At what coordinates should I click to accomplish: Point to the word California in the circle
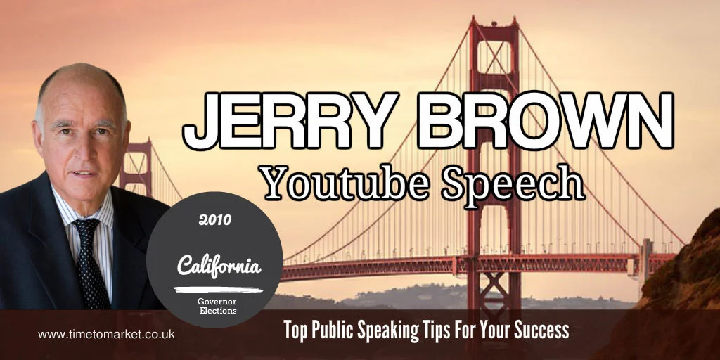click(219, 266)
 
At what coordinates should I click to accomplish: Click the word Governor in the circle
click(219, 299)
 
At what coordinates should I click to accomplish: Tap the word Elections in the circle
click(219, 309)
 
